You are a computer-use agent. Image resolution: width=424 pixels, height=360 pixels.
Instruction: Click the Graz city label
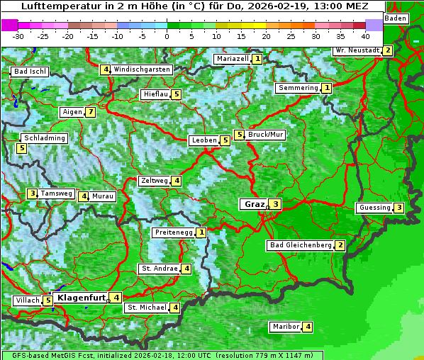pyautogui.click(x=253, y=204)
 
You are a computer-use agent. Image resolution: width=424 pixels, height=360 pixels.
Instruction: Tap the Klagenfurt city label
pyautogui.click(x=81, y=298)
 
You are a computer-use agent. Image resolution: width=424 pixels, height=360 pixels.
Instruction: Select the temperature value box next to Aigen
pyautogui.click(x=91, y=112)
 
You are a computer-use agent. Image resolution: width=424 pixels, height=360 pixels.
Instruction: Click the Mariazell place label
pyautogui.click(x=232, y=59)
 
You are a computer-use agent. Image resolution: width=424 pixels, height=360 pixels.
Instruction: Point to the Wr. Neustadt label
pyautogui.click(x=357, y=50)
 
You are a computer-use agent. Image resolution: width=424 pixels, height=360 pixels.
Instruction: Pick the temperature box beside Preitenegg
pyautogui.click(x=202, y=232)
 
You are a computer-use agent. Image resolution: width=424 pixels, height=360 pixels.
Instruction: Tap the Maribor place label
pyautogui.click(x=285, y=327)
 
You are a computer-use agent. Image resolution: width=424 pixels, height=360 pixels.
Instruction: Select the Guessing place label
pyautogui.click(x=374, y=208)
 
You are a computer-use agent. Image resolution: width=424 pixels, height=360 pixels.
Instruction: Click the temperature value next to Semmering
pyautogui.click(x=327, y=88)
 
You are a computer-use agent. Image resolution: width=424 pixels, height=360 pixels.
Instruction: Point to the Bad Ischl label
pyautogui.click(x=30, y=72)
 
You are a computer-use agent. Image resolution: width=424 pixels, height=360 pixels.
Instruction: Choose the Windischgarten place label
pyautogui.click(x=142, y=69)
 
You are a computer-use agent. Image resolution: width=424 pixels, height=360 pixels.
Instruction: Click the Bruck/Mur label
pyautogui.click(x=266, y=135)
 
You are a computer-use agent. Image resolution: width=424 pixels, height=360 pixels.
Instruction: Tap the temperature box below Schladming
pyautogui.click(x=22, y=148)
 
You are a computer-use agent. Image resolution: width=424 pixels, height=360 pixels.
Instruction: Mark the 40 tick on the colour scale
pyautogui.click(x=365, y=35)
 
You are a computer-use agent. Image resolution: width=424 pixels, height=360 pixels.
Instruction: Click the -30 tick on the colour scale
pyautogui.click(x=18, y=35)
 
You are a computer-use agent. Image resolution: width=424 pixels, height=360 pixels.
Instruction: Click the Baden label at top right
pyautogui.click(x=396, y=18)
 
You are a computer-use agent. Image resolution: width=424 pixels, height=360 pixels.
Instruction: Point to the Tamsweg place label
pyautogui.click(x=56, y=193)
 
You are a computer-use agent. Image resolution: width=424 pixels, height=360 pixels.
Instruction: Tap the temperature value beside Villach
pyautogui.click(x=48, y=300)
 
